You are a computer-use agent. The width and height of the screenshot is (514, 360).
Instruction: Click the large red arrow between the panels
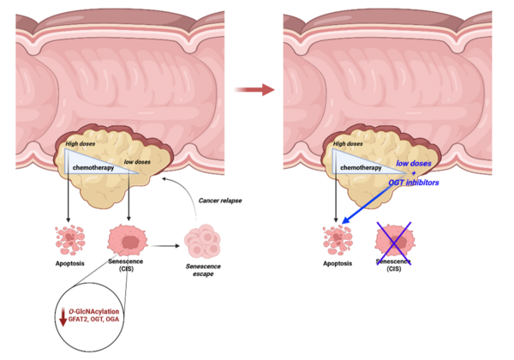point(254,89)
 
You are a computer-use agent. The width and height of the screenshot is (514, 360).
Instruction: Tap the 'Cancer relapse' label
point(220,201)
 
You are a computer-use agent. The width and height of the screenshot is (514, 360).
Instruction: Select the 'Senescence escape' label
point(203,270)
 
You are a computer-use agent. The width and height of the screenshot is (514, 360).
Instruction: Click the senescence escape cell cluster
point(202,242)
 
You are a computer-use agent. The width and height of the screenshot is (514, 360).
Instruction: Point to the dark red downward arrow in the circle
point(63,317)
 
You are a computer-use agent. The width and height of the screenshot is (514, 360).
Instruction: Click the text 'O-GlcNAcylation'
point(93,311)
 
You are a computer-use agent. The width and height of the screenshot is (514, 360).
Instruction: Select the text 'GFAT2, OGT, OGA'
point(93,319)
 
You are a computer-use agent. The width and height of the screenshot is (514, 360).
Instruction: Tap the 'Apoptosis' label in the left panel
point(70,263)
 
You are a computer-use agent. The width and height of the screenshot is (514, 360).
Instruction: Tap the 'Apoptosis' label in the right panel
point(338,263)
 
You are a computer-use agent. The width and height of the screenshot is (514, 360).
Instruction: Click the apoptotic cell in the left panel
point(70,240)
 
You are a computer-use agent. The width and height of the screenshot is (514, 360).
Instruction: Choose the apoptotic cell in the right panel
point(338,240)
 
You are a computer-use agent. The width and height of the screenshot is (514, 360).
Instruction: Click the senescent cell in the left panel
point(127,240)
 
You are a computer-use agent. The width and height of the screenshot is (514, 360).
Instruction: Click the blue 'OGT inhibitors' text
point(414,183)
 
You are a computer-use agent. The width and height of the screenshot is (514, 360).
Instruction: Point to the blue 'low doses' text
point(414,163)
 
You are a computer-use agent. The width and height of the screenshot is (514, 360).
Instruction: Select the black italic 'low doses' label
point(137,162)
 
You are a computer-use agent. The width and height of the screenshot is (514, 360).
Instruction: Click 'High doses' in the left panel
point(81,144)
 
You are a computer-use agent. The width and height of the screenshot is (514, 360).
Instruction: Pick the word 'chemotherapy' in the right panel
point(361,167)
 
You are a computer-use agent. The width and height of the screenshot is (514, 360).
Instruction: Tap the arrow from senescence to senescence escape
point(165,246)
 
